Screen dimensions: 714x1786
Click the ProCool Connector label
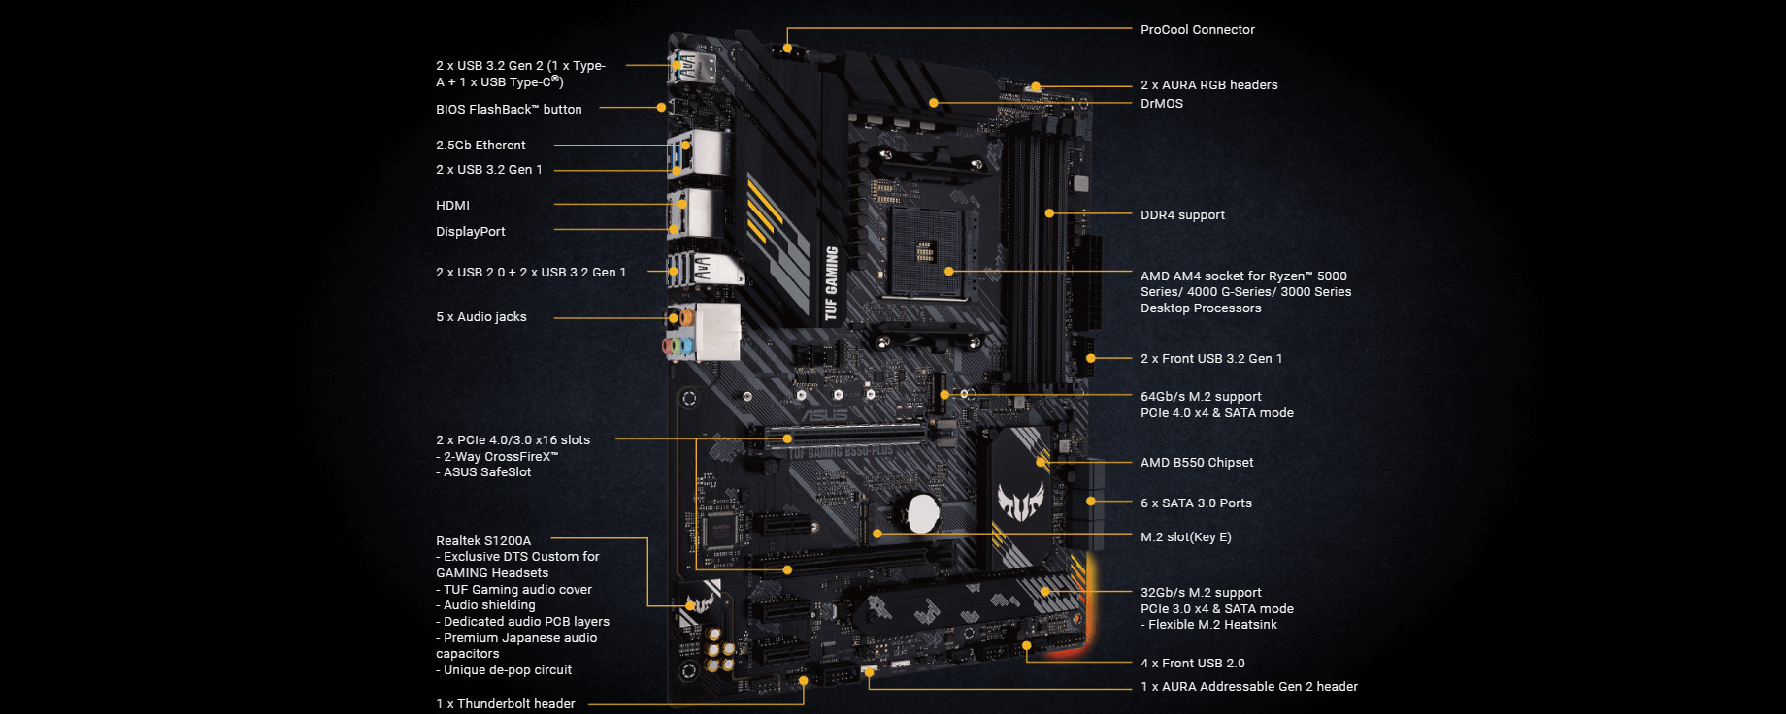pos(1197,30)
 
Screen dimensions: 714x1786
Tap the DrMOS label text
pos(1161,104)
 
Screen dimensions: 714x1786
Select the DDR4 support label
pos(1182,215)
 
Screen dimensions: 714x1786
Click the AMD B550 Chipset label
pos(1197,463)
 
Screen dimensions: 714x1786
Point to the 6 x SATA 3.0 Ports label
pos(1196,503)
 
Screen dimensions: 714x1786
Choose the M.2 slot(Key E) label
pos(1185,537)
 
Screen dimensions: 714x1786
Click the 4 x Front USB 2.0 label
pos(1192,664)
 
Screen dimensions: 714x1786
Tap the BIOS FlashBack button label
pos(509,110)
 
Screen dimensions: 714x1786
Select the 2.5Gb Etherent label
pos(480,146)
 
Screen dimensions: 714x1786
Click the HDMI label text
pos(452,206)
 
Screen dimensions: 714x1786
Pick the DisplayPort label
pos(470,232)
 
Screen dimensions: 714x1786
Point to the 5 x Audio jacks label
pos(480,317)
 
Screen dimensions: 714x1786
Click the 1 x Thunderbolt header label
pos(505,704)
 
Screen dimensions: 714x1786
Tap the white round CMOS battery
pos(922,512)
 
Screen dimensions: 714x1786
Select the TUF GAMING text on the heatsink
pos(831,283)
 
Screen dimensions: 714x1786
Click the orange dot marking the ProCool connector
pos(787,47)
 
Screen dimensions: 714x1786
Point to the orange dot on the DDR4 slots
pos(1049,213)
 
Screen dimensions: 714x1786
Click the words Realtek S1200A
pos(483,541)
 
